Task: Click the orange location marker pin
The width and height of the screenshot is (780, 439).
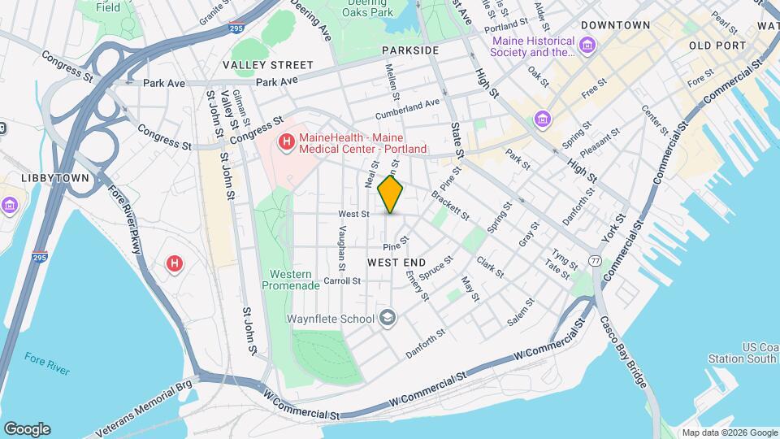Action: (x=391, y=193)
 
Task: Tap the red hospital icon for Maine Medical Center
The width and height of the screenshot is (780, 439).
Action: (x=286, y=144)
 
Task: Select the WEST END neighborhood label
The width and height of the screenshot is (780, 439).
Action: (x=396, y=263)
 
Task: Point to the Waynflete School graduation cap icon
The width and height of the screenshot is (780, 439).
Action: (x=389, y=317)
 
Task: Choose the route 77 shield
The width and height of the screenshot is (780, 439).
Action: (x=596, y=261)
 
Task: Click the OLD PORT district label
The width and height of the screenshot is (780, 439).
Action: (x=717, y=46)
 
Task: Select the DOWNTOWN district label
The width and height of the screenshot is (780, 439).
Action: (x=615, y=25)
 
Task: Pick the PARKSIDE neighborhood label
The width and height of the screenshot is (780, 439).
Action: (x=410, y=50)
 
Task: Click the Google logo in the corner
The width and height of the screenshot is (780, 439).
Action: (x=27, y=428)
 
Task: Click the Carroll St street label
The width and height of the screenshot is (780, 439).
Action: (x=342, y=280)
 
